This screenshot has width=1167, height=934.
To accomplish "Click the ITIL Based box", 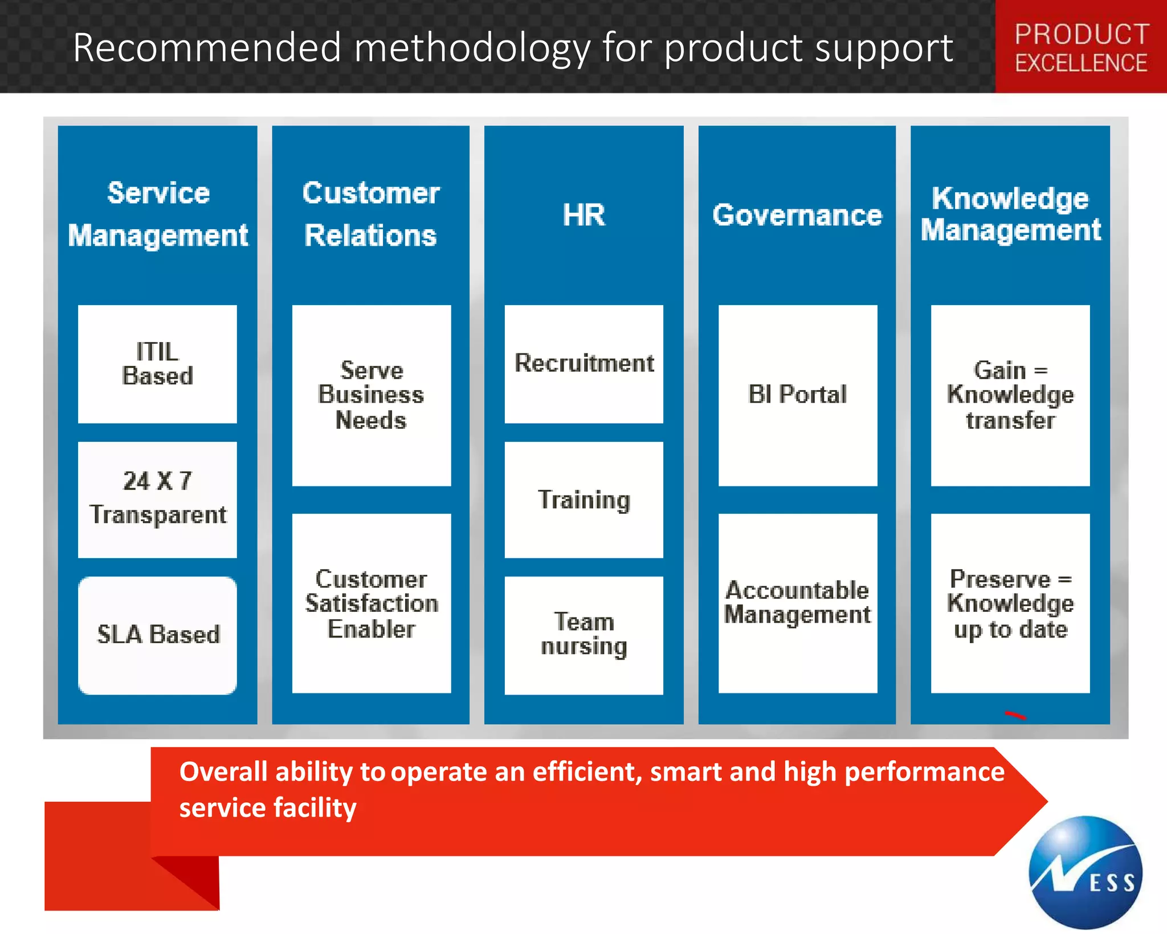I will point(157,364).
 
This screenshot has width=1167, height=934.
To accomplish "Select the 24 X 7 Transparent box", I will point(157,499).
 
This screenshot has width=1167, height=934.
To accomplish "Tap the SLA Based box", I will point(157,635).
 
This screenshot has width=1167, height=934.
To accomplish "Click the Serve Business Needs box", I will point(371,395).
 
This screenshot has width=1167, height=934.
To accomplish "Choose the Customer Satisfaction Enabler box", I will point(371,603).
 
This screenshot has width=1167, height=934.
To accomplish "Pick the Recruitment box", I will point(583,364).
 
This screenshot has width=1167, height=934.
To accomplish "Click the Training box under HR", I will point(583,500).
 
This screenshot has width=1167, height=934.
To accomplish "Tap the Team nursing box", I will point(583,635).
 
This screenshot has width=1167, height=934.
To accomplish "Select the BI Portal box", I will point(797,395).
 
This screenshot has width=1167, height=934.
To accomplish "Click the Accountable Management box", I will point(797,603).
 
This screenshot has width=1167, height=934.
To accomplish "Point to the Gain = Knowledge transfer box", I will point(1010,395).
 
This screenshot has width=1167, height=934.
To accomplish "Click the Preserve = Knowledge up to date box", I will point(1010,603).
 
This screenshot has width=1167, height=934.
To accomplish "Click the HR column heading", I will point(583,215).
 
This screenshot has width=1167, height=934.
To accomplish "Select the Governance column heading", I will point(797,215).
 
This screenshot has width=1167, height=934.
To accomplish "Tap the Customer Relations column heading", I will point(371,214).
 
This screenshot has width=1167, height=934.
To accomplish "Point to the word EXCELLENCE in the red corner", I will point(1080,63).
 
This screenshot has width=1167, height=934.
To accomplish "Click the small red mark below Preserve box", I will point(1015,715).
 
